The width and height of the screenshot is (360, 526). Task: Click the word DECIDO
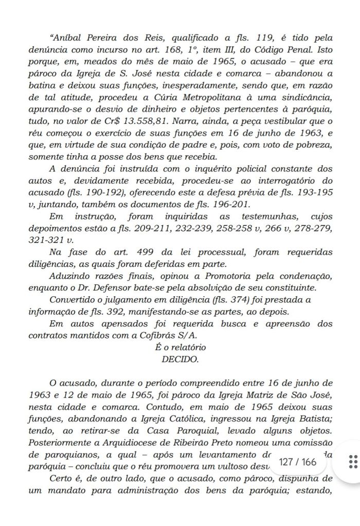[x=179, y=359]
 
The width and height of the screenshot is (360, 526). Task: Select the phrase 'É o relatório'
[x=179, y=348]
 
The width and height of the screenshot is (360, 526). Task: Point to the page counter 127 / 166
[x=297, y=461]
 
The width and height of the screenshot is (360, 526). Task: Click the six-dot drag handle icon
[x=353, y=461]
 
